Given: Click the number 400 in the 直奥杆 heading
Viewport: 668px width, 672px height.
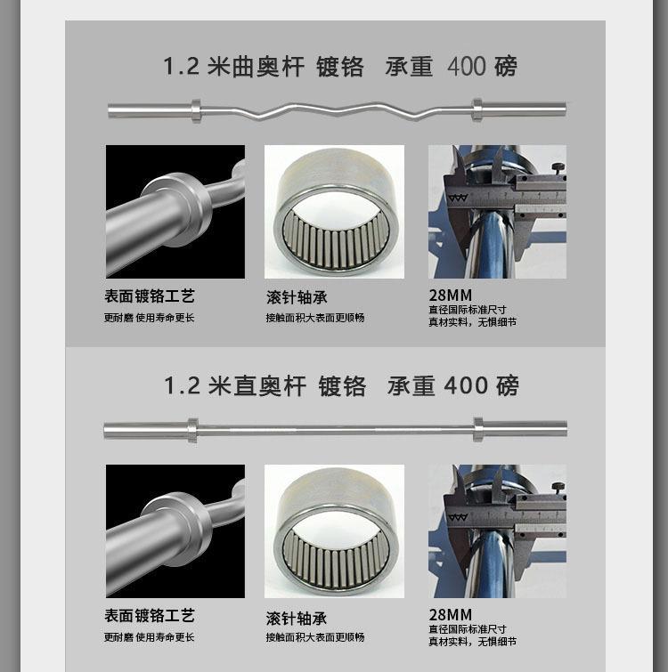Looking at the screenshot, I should (466, 385).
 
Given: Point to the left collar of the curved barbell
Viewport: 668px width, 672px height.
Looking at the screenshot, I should (196, 110).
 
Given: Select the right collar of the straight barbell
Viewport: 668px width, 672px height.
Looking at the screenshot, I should (478, 430).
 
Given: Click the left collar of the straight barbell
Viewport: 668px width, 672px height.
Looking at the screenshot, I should (192, 430).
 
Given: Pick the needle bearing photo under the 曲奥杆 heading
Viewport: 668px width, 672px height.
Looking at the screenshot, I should (334, 212).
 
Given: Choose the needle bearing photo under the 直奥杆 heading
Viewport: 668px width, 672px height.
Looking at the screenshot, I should (334, 530).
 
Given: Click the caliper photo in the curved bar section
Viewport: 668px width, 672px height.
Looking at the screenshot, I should (497, 212).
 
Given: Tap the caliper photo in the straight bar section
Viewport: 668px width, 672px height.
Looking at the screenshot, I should (497, 530).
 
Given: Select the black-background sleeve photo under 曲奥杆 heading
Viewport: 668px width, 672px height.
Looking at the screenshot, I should (175, 212).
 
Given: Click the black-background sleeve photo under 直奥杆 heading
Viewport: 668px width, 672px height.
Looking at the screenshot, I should (175, 530).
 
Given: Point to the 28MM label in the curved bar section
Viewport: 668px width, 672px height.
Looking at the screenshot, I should (450, 296).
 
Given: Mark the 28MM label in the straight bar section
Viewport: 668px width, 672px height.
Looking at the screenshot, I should (450, 614).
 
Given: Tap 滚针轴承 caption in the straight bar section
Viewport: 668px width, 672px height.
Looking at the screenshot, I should (297, 618).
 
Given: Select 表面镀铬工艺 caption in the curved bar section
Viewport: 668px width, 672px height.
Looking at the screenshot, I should (149, 296).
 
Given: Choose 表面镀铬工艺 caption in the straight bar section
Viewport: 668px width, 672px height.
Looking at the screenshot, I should (149, 616).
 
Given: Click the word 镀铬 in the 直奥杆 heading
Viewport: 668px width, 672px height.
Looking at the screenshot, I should (342, 385).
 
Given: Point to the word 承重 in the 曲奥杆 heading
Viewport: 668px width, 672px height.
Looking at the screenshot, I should (409, 67).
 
